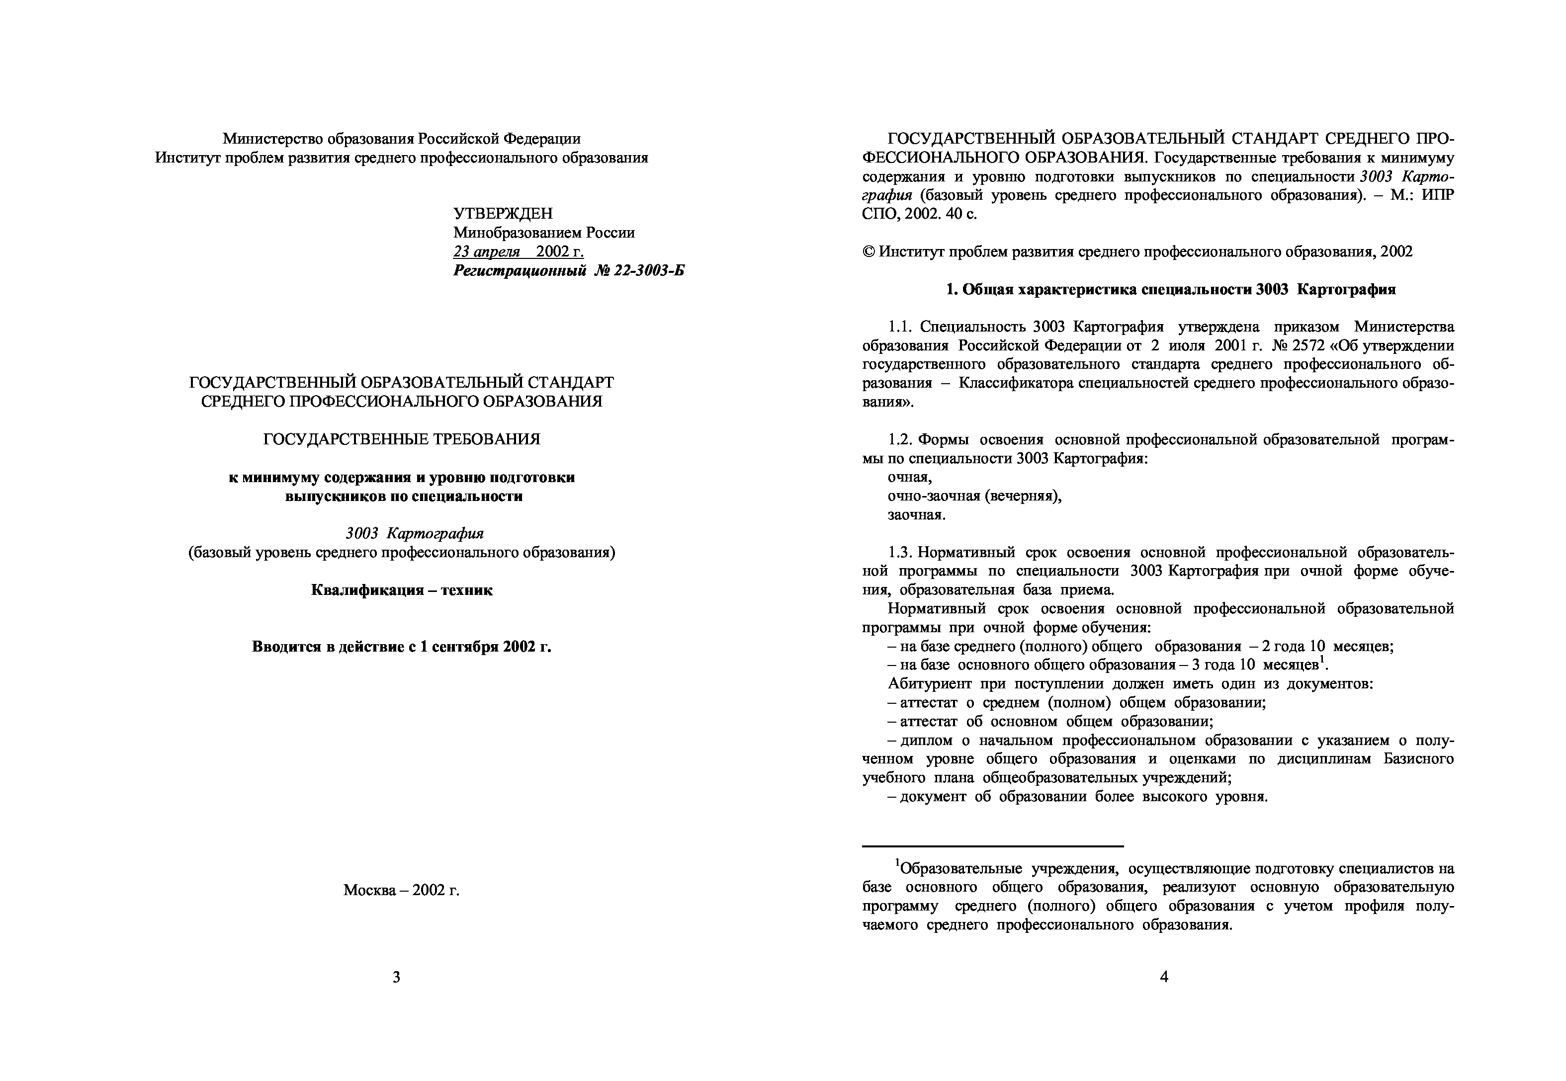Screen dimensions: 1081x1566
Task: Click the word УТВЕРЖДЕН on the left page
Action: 503,213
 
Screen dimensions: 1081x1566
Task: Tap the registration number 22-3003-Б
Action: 648,271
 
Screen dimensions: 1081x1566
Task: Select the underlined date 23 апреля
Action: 486,252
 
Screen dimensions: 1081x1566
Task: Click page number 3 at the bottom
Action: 396,977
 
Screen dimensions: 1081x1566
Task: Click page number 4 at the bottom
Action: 1164,977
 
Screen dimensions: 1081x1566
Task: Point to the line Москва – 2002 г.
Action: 401,890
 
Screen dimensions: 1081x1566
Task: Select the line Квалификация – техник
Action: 402,590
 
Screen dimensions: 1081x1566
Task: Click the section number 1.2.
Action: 901,439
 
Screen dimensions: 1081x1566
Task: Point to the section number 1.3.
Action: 901,552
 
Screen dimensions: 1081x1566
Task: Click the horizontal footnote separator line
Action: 992,846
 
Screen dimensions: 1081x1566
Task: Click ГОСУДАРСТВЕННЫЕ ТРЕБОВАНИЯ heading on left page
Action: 402,439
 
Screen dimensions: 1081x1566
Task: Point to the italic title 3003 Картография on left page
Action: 415,534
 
